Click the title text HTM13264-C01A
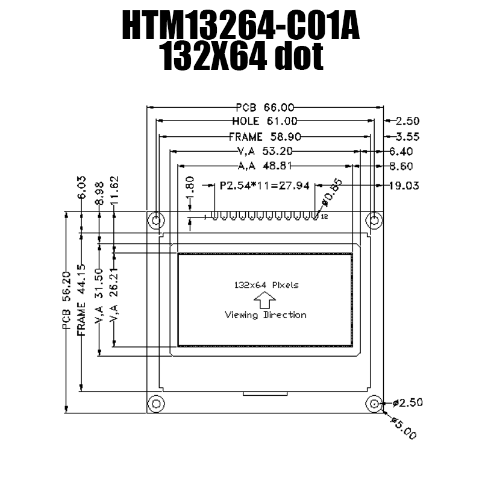(241, 27)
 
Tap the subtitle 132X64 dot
(241, 58)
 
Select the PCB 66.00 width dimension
(264, 107)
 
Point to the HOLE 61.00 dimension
(264, 121)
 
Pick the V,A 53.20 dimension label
(265, 151)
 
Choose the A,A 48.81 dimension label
(265, 166)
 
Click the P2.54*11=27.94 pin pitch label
(264, 186)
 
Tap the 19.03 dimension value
(404, 186)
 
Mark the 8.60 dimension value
(401, 166)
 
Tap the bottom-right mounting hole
(374, 402)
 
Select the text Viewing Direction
(265, 315)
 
